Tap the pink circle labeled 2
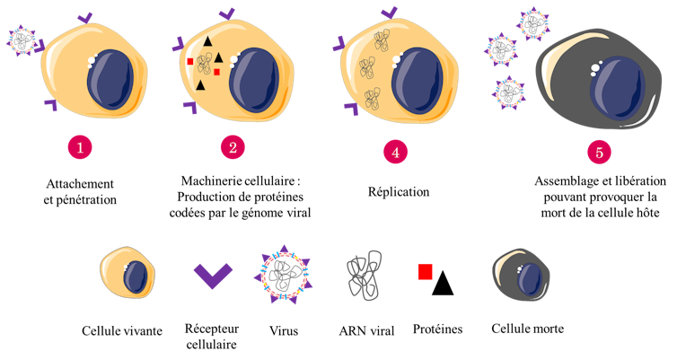click(x=233, y=147)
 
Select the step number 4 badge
click(x=395, y=152)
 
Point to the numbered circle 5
click(x=600, y=152)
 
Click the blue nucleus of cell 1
click(x=110, y=80)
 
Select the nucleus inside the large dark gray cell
click(x=618, y=87)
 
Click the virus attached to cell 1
click(x=22, y=40)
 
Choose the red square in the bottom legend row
click(x=425, y=271)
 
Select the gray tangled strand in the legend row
click(x=365, y=275)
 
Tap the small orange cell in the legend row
click(x=127, y=273)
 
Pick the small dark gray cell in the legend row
click(x=521, y=275)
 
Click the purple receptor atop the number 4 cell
click(x=389, y=13)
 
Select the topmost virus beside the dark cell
click(x=534, y=24)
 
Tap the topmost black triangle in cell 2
click(x=207, y=41)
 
